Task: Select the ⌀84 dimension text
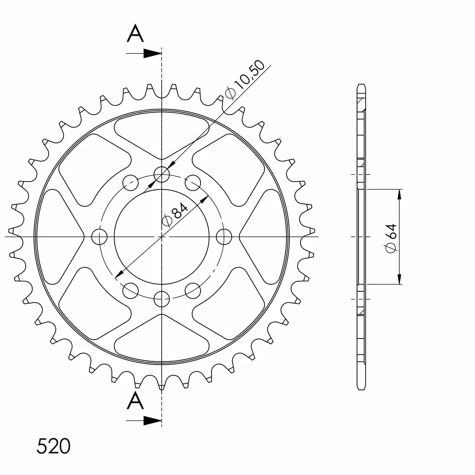tap(175, 214)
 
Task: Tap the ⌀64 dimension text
tap(391, 238)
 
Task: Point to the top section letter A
tap(135, 33)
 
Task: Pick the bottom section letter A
tap(135, 401)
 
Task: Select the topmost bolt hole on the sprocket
tap(161, 175)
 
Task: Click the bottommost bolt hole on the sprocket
tap(161, 299)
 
